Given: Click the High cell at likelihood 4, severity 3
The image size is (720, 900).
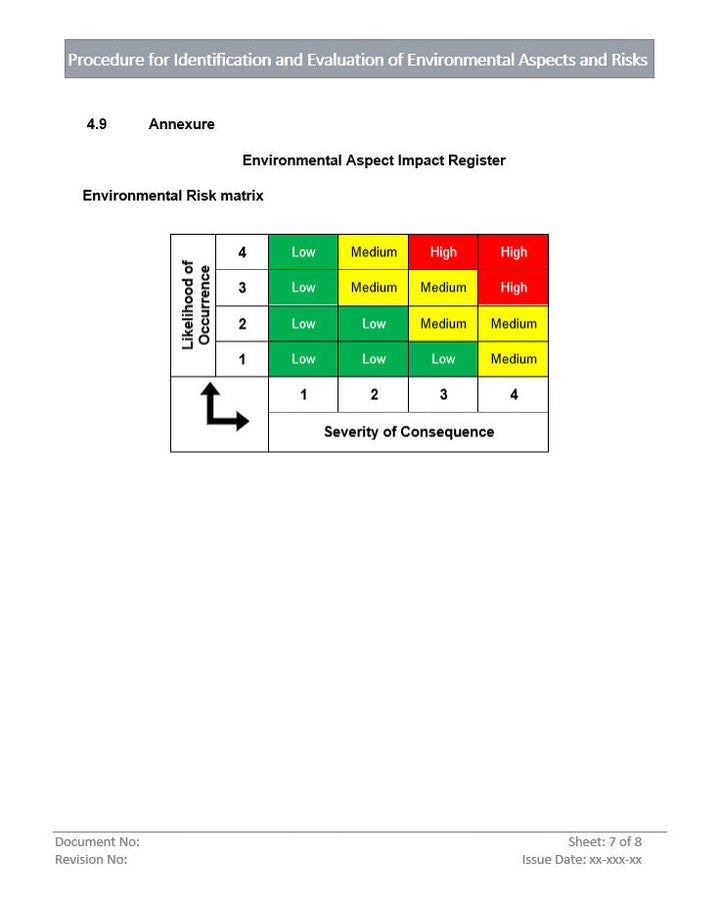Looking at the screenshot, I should coord(443,252).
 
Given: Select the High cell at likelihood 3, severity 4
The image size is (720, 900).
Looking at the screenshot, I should coord(513,287).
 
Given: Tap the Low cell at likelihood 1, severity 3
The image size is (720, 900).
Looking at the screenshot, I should coord(443,359).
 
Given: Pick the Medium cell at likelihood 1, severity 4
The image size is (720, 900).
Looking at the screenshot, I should coord(513,359).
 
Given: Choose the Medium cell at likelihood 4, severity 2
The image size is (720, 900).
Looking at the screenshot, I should coord(373,252).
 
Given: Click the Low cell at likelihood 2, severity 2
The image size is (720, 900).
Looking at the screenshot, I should coord(373,324).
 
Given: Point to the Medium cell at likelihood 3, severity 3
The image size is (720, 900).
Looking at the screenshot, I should coord(443,287).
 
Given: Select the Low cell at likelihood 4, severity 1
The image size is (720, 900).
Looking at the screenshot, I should coord(303,252).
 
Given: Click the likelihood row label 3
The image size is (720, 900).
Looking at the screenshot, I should coord(242,288).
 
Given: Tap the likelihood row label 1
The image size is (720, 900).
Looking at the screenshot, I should coord(242,359).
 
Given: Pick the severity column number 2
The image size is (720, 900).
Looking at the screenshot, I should coord(374,395).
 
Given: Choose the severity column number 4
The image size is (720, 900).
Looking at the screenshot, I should coord(514,395).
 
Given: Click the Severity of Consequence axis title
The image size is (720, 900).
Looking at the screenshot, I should coord(408,432).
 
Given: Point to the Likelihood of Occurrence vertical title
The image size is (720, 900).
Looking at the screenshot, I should coord(195,305).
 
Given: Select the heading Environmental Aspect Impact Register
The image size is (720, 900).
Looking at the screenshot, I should coord(374,160).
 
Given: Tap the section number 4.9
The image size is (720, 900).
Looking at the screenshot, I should coord(97,124).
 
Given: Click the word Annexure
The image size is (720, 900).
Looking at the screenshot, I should coord(181,124).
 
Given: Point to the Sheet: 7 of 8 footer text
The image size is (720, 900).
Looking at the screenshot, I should coord(605,842).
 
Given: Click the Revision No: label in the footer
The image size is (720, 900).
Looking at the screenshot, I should coord(91,859).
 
